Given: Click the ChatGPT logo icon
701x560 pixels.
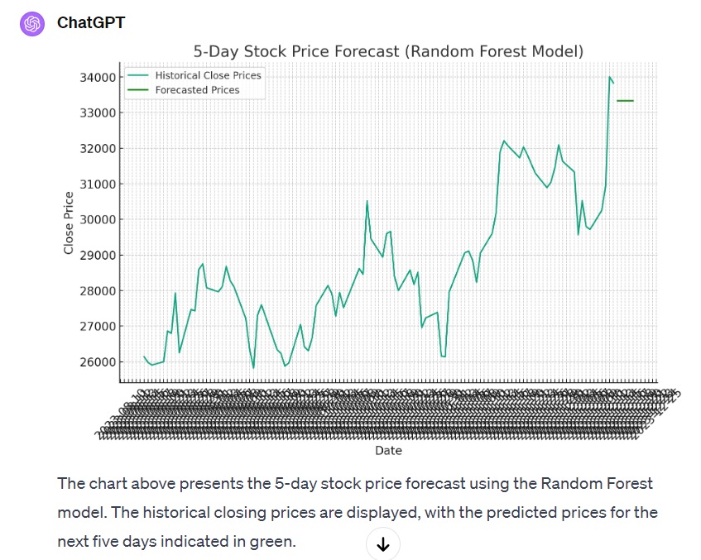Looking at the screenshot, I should point(32,23).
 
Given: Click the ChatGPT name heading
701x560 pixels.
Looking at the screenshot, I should point(91,23).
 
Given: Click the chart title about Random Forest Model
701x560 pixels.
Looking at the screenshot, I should point(388,51).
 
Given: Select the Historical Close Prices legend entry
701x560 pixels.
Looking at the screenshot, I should point(208,75).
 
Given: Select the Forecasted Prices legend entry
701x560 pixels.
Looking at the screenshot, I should point(197,90).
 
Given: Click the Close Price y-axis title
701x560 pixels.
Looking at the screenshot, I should point(69,223).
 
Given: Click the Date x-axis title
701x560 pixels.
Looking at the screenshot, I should point(388,451).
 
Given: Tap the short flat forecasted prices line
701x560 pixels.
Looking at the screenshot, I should point(625,101).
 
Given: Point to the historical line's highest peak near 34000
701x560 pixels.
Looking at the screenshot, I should point(610,78).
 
